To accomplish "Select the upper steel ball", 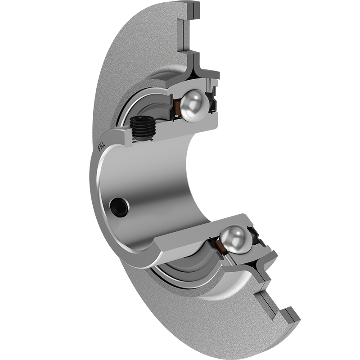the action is pyautogui.click(x=194, y=105).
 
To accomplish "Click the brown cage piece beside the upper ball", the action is pyautogui.click(x=177, y=108).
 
